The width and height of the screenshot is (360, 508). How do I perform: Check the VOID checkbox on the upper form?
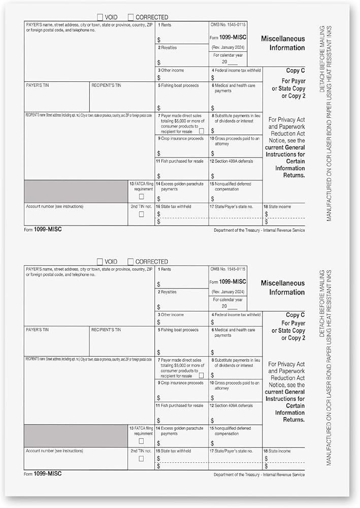[100, 17]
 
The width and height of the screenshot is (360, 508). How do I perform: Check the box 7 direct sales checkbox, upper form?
[201, 131]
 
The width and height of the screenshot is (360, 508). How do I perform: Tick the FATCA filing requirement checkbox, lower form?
[141, 441]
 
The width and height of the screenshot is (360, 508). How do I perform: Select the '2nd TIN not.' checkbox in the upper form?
[141, 214]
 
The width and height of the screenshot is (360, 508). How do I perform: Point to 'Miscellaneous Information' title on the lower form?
[283, 288]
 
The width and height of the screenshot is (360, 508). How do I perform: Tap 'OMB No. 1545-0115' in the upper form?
[227, 24]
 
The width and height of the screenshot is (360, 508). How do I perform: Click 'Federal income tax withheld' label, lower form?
[237, 315]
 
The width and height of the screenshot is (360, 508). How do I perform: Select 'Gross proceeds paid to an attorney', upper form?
[236, 141]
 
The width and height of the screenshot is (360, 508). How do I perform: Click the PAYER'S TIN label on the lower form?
[37, 330]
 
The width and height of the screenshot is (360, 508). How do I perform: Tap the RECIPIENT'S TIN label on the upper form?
[106, 85]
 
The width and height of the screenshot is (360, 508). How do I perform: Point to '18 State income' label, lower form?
[277, 451]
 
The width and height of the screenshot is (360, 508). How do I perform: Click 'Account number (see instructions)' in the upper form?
[54, 206]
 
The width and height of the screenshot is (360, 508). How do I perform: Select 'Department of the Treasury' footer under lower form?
[259, 475]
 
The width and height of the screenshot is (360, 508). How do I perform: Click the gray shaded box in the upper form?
[76, 192]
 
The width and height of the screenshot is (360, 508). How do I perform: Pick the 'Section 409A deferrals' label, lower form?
[234, 405]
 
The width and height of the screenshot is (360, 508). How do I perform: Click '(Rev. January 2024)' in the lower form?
[228, 292]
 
